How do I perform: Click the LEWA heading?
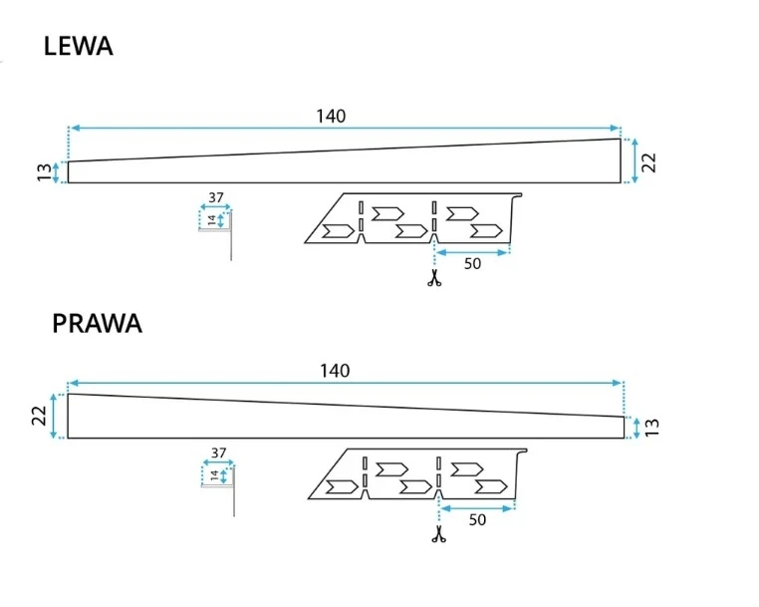(x=78, y=46)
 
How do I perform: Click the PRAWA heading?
(x=97, y=324)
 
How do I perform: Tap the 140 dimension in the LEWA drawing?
(x=331, y=116)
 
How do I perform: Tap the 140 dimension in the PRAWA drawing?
(x=335, y=371)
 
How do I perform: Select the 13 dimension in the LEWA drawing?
(x=44, y=172)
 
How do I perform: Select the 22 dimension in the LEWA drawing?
(x=649, y=162)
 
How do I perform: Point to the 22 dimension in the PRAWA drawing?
(x=40, y=416)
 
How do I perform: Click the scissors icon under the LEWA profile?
(x=433, y=280)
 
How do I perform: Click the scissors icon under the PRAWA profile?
(x=437, y=536)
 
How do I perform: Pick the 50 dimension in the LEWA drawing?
(x=473, y=264)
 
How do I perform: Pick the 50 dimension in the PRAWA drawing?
(x=477, y=519)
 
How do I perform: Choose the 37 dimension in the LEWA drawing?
(x=215, y=197)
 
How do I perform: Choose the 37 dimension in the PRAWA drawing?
(x=218, y=453)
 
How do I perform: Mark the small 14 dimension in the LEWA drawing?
(x=211, y=219)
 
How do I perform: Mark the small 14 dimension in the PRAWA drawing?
(x=213, y=475)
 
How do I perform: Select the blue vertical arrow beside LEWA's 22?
(x=634, y=161)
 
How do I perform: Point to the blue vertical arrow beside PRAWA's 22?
(x=55, y=416)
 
